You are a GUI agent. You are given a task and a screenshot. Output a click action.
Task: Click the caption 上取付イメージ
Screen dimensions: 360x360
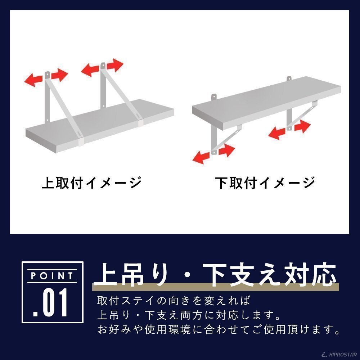[x=91, y=183]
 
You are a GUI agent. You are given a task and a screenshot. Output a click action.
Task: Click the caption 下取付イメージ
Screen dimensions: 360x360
[x=265, y=183]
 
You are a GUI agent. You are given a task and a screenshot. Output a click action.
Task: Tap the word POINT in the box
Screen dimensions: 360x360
[x=52, y=276]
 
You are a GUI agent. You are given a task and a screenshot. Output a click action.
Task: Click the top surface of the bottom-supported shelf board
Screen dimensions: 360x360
[x=266, y=99]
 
